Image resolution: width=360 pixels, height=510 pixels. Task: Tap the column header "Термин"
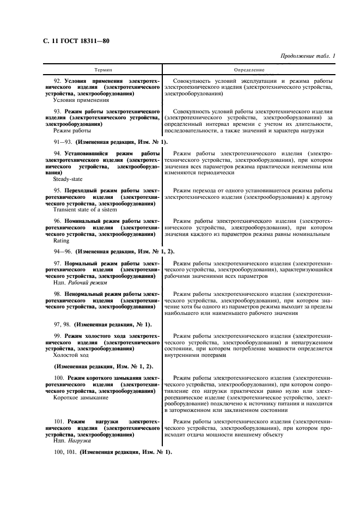(103, 70)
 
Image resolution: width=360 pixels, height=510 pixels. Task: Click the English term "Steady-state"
(66, 178)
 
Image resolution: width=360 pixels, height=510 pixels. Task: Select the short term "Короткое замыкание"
(81, 398)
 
